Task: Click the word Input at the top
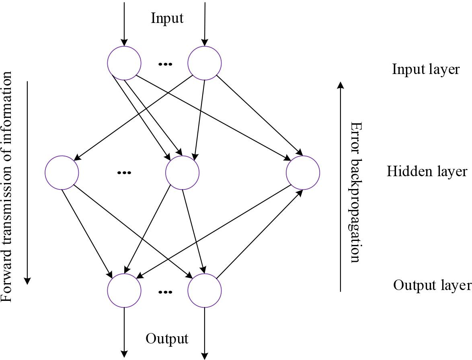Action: [167, 18]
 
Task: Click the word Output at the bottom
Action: [167, 339]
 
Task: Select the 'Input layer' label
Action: [426, 69]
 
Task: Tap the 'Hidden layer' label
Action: [427, 172]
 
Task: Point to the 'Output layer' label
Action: [432, 285]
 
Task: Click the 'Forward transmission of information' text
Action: [7, 187]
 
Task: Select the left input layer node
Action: [124, 63]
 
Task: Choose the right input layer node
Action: [205, 63]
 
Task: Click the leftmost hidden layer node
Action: [62, 173]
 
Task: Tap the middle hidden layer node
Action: [182, 173]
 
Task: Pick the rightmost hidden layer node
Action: [303, 173]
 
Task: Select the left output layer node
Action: [124, 290]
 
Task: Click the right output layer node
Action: [205, 290]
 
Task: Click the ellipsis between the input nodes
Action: [165, 64]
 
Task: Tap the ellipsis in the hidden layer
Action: [124, 173]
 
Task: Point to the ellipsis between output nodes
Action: [165, 292]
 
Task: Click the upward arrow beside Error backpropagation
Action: [341, 185]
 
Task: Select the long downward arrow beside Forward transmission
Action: [27, 183]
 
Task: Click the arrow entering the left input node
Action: [124, 24]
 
